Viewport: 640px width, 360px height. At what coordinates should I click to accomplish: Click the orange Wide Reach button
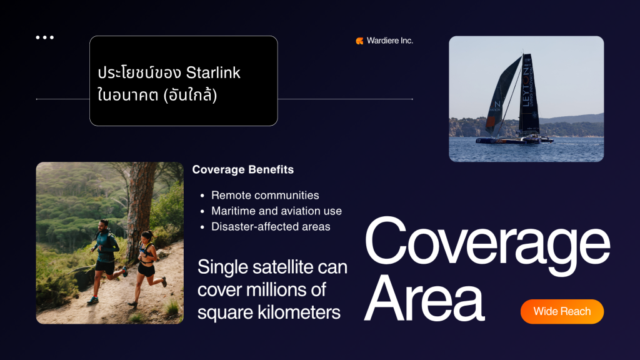(x=562, y=311)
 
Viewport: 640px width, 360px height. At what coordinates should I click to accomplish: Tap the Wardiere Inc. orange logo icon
(x=359, y=41)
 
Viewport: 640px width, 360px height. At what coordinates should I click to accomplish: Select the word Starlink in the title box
(x=213, y=72)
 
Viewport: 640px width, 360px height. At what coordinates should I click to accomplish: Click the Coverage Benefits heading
(x=243, y=169)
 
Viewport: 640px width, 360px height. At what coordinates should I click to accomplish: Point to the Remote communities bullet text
(x=265, y=195)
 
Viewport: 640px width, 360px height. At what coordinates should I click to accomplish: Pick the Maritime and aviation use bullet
(x=276, y=211)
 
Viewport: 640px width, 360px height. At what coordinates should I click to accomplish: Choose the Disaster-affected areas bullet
(x=271, y=226)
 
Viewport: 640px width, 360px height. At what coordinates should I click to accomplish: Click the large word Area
(x=424, y=298)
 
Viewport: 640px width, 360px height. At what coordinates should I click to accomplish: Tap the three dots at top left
(x=44, y=37)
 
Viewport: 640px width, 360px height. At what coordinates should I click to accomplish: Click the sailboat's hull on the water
(x=514, y=141)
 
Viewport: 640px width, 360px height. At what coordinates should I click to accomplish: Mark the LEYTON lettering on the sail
(x=526, y=87)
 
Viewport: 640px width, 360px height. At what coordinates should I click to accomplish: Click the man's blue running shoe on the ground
(x=93, y=301)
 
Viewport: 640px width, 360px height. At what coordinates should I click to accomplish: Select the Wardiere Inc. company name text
(x=390, y=41)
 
